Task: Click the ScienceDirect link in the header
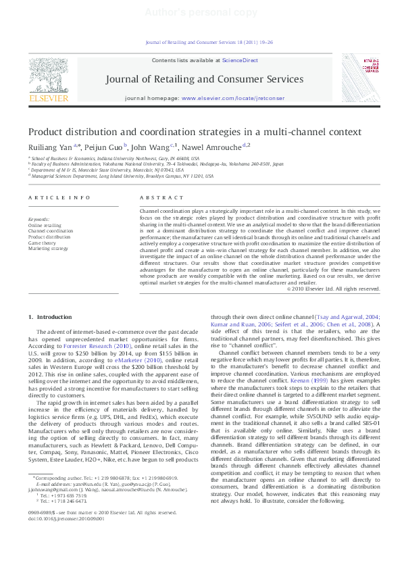[240, 60]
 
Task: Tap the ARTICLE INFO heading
[59, 197]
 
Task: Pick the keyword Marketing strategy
[48, 249]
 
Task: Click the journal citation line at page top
[209, 42]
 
